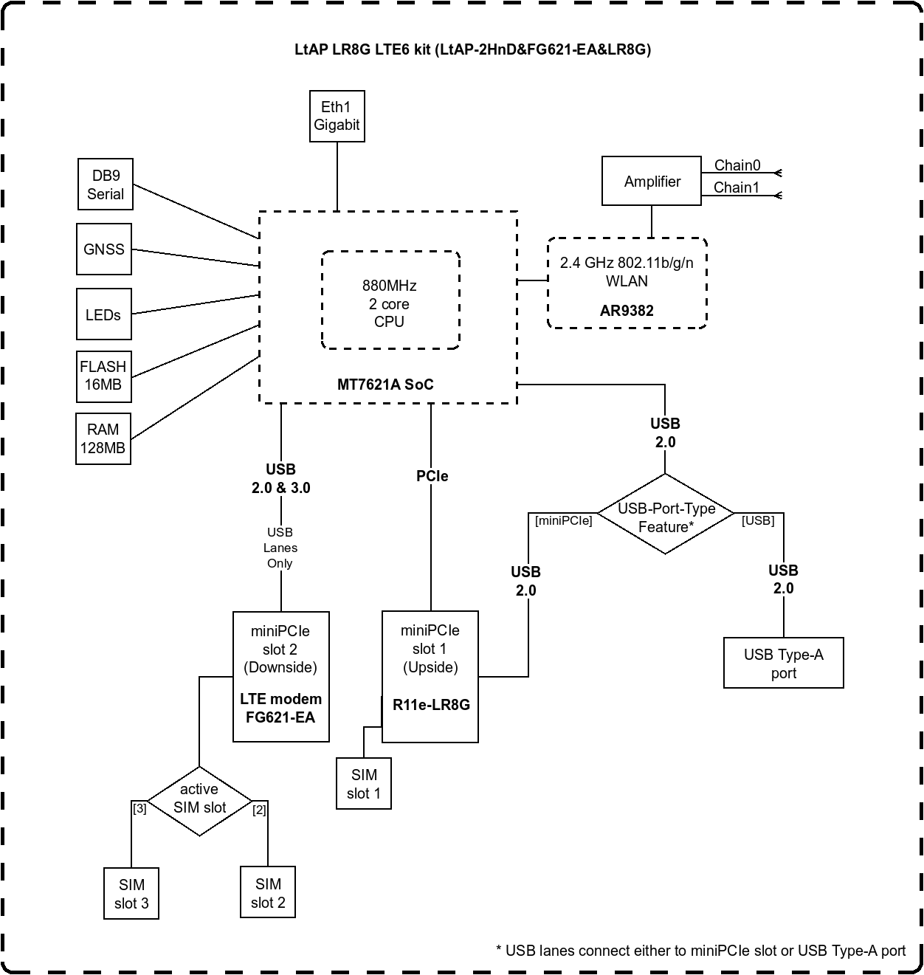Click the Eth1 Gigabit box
337,117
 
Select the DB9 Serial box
106,185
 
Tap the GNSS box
104,249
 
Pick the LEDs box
103,315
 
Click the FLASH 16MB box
103,376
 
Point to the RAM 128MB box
103,438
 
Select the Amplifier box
652,181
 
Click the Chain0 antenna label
737,165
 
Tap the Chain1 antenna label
736,187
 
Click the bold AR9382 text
627,311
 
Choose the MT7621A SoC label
385,385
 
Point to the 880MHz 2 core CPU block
390,303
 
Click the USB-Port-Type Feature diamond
666,517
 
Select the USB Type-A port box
783,664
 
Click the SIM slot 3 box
131,893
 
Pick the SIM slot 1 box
364,784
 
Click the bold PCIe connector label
432,477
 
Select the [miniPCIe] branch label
563,521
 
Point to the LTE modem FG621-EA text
281,709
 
